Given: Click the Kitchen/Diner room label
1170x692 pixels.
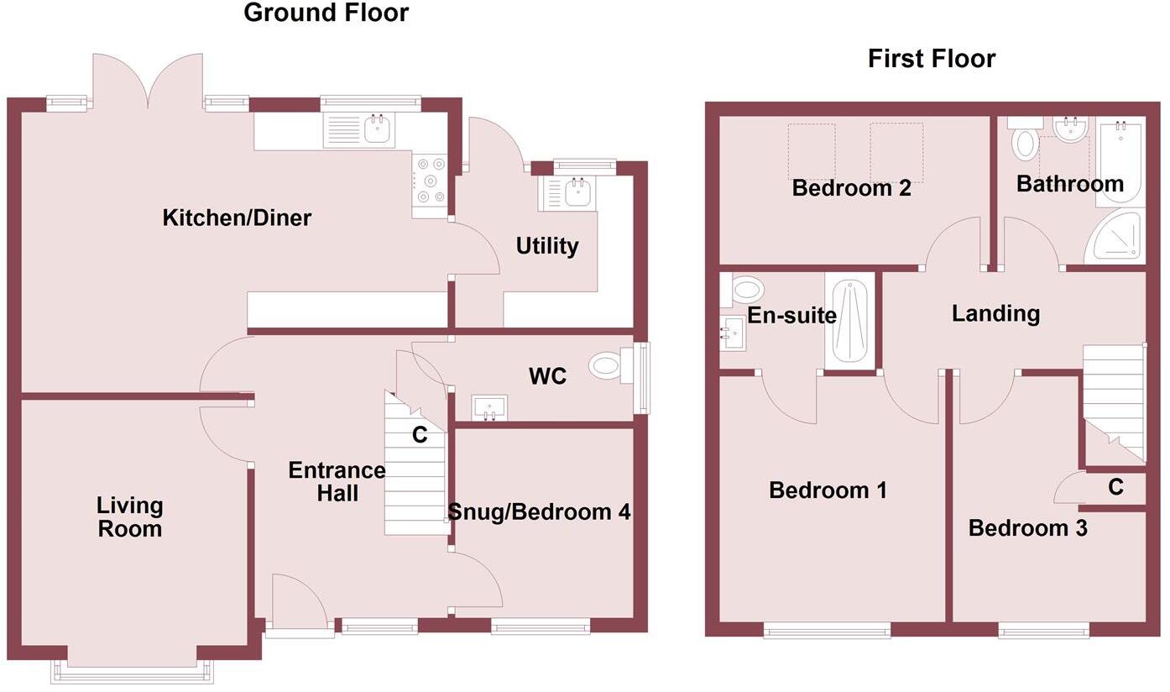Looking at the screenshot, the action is click(237, 218).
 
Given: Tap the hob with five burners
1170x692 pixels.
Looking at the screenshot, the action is click(430, 181).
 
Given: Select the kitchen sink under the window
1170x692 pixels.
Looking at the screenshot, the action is click(359, 129).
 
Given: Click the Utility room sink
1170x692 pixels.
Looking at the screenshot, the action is click(567, 194).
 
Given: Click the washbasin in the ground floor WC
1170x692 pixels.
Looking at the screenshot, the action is click(489, 407).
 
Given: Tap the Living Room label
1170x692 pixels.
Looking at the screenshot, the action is click(129, 517).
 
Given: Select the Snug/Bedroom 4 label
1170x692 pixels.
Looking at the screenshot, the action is click(539, 511).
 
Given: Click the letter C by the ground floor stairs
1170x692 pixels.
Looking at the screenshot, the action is click(420, 435).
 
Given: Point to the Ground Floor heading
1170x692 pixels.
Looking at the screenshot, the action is click(326, 13).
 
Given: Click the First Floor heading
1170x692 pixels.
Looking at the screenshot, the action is click(932, 59).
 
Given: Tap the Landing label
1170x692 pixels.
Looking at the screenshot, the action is click(995, 313).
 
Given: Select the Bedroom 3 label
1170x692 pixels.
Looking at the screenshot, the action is click(1028, 528).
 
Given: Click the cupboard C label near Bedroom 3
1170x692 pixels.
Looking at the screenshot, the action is click(1115, 487).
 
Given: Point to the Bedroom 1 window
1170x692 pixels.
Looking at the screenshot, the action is click(828, 630).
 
